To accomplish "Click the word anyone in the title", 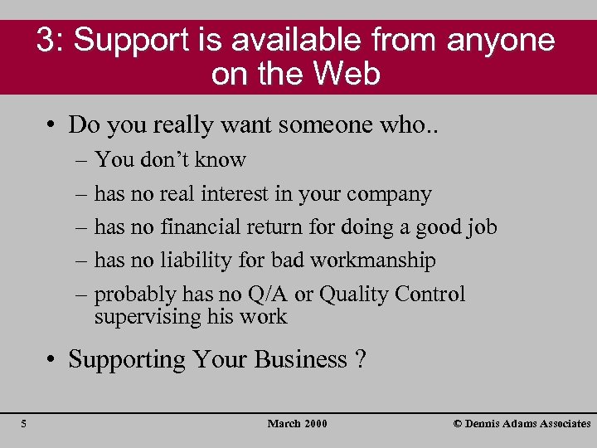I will (x=501, y=41).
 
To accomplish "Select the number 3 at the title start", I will (x=46, y=41).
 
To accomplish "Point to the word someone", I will (x=302, y=124).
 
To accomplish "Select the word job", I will (x=480, y=228).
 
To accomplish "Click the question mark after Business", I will (x=361, y=359).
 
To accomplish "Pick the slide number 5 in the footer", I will (x=24, y=424).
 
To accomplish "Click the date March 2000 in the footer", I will (x=297, y=424).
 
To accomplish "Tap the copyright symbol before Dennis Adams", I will (x=458, y=424).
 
